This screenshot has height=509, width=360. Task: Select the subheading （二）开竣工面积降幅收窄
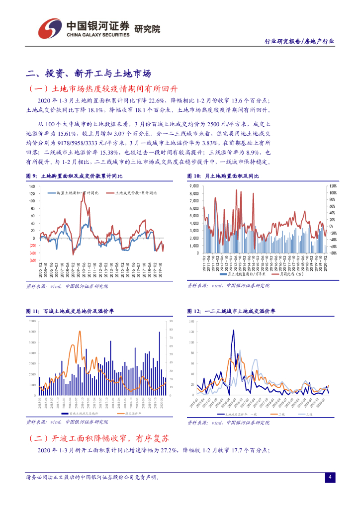[x=99, y=438]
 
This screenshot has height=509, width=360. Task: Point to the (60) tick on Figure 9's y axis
[x=31, y=260]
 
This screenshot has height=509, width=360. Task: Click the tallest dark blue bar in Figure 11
[x=159, y=332]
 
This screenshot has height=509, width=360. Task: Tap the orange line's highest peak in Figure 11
[x=79, y=332]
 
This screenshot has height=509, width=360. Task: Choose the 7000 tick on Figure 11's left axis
[x=32, y=321]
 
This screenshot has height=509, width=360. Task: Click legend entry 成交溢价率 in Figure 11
[x=133, y=413]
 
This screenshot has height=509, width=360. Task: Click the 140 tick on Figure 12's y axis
[x=192, y=321]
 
